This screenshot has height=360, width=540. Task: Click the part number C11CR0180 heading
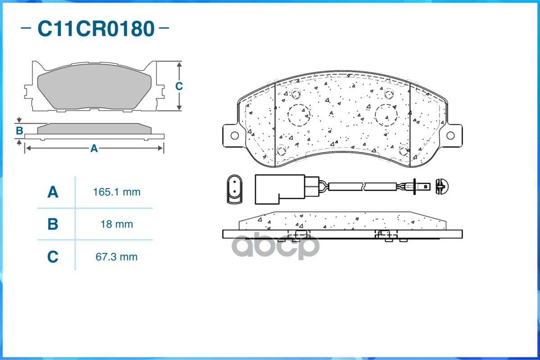click(95, 28)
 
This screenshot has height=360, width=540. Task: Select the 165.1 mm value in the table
click(117, 192)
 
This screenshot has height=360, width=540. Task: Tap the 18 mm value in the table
click(117, 225)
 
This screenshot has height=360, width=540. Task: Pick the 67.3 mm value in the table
click(116, 257)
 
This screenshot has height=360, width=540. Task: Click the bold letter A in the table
click(53, 192)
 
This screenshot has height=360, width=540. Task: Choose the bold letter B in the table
click(53, 224)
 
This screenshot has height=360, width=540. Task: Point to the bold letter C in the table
click(53, 257)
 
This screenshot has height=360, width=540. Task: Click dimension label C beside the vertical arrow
click(179, 86)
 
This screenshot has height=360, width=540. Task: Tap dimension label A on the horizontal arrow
click(94, 148)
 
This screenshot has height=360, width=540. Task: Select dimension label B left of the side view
click(19, 131)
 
